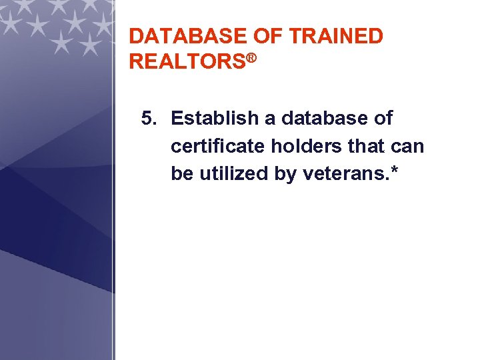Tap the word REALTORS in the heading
pyautogui.click(x=187, y=62)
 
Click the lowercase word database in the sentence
pyautogui.click(x=325, y=119)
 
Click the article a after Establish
pyautogui.click(x=269, y=119)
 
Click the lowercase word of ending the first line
pyautogui.click(x=383, y=119)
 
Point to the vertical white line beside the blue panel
pyautogui.click(x=115, y=200)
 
